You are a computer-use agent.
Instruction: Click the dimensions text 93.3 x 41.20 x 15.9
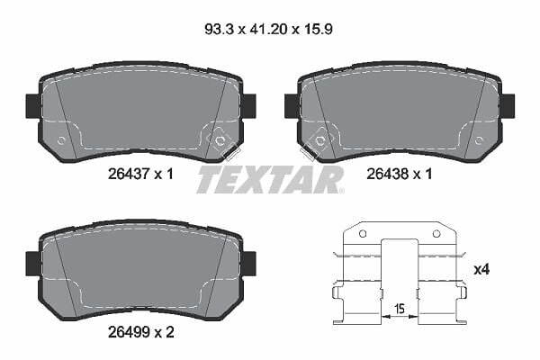268,30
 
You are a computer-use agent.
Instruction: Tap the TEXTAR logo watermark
270,179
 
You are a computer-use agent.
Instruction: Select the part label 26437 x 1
141,174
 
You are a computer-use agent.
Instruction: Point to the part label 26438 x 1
399,174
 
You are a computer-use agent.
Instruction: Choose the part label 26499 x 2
141,332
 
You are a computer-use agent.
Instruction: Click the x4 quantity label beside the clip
481,269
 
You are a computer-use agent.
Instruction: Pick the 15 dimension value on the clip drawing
400,309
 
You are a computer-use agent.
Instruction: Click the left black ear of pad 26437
33,106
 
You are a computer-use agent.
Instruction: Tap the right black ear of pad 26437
248,105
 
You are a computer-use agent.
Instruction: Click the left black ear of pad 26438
292,105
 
